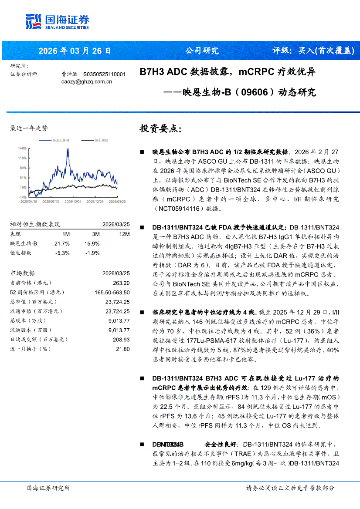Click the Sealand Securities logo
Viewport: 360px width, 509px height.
[x=57, y=21]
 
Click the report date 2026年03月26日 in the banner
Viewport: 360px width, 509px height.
[x=75, y=51]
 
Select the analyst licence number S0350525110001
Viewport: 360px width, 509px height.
[x=104, y=74]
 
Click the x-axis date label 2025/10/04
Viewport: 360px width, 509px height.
[x=73, y=202]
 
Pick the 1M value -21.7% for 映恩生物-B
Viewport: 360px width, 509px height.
[x=61, y=243]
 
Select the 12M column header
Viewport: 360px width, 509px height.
[x=124, y=234]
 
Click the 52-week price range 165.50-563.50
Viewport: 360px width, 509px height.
[x=112, y=292]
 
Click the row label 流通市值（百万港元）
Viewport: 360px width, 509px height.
[x=36, y=311]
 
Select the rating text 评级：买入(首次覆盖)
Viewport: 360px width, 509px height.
[x=313, y=51]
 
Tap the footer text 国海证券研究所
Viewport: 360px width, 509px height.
[x=48, y=488]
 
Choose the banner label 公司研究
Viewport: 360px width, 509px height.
[x=202, y=51]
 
